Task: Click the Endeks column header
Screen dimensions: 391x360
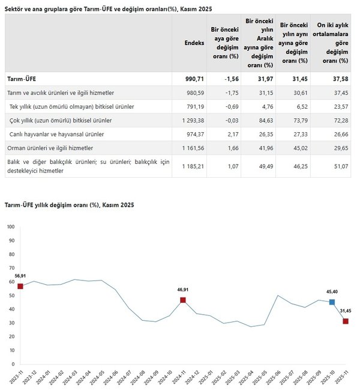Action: pyautogui.click(x=195, y=43)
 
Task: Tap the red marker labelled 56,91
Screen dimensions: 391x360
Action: pyautogui.click(x=20, y=286)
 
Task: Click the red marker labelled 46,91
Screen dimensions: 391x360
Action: pyautogui.click(x=183, y=300)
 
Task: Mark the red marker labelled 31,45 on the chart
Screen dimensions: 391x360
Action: pyautogui.click(x=346, y=321)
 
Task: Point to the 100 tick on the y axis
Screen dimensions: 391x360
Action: pyautogui.click(x=10, y=227)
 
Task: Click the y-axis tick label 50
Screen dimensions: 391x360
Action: pyautogui.click(x=11, y=296)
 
